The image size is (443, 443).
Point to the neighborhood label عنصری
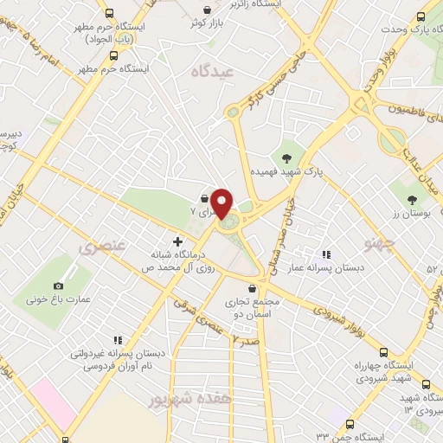[x=102, y=247]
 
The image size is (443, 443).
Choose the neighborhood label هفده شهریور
[x=179, y=400]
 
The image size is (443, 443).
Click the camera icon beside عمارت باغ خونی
[x=59, y=286]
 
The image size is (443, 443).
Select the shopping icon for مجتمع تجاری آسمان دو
[x=252, y=289]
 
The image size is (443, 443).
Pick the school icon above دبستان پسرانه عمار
[x=325, y=254]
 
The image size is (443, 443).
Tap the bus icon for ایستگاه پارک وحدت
[x=422, y=17]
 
